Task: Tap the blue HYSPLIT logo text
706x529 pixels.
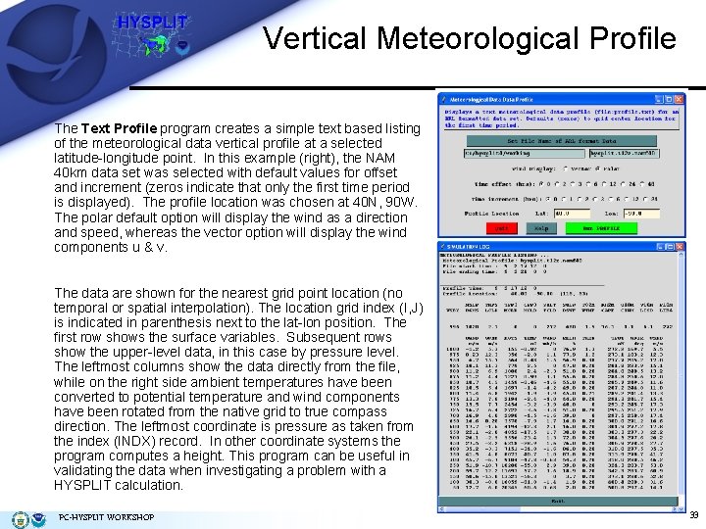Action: click(x=152, y=23)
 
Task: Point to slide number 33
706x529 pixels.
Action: click(x=692, y=515)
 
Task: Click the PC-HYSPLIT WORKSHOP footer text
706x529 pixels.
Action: click(x=106, y=516)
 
